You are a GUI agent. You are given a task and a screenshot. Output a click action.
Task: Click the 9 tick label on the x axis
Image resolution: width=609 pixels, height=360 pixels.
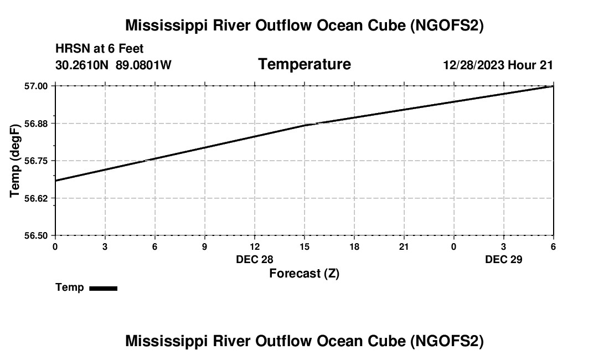pyautogui.click(x=204, y=247)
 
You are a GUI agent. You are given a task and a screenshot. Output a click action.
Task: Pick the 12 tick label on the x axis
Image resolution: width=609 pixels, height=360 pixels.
pyautogui.click(x=254, y=247)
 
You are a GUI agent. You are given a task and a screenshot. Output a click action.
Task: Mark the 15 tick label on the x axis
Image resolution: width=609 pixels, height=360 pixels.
pyautogui.click(x=304, y=247)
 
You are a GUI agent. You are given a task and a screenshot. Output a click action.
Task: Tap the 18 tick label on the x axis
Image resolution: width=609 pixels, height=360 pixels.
pyautogui.click(x=354, y=247)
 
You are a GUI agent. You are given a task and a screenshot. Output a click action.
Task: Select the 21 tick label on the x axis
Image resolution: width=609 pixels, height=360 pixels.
pyautogui.click(x=404, y=247)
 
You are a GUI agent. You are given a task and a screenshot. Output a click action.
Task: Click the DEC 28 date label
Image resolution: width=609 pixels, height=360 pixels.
pyautogui.click(x=255, y=259)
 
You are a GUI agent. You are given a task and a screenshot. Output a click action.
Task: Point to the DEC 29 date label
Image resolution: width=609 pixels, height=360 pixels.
pyautogui.click(x=504, y=259)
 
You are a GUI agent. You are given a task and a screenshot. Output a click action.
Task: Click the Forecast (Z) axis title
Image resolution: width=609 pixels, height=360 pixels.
pyautogui.click(x=304, y=273)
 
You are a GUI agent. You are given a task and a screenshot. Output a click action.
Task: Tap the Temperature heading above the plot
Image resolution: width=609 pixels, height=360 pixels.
pyautogui.click(x=304, y=64)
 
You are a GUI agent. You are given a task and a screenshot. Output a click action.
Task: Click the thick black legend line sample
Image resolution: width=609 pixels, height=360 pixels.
pyautogui.click(x=103, y=288)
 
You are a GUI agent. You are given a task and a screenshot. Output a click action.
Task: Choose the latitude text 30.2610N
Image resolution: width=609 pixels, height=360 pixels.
pyautogui.click(x=82, y=65)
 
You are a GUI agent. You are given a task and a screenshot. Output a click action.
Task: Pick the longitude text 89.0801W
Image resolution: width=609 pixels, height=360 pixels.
pyautogui.click(x=143, y=65)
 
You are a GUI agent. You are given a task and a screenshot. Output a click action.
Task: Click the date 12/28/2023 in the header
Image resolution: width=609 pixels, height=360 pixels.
pyautogui.click(x=473, y=65)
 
